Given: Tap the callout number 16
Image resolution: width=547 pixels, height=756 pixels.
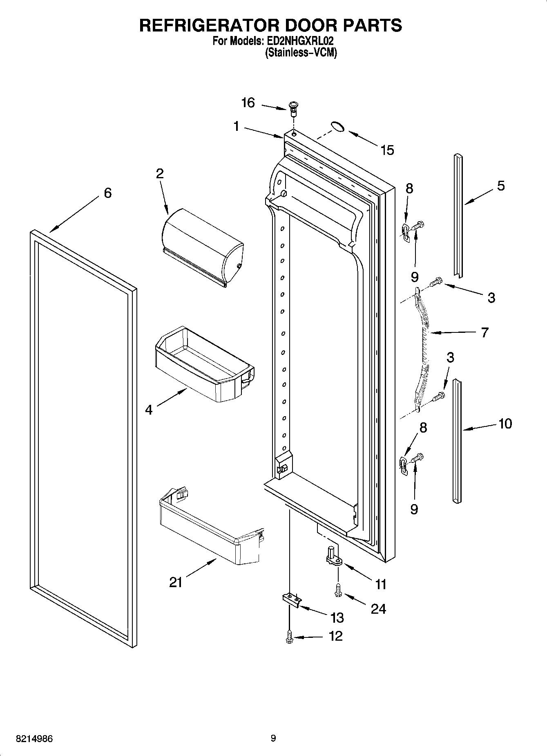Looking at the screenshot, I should tap(248, 103).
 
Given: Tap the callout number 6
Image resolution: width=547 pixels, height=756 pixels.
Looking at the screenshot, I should tap(107, 193).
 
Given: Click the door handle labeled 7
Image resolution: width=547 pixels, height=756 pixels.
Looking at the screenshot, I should tap(423, 348).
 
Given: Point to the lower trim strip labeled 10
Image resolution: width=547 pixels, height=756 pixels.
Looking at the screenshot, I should tap(458, 440).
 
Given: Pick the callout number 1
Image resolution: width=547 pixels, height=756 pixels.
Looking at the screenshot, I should tap(236, 126).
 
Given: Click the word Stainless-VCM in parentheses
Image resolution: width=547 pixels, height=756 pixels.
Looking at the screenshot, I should tap(301, 52).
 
